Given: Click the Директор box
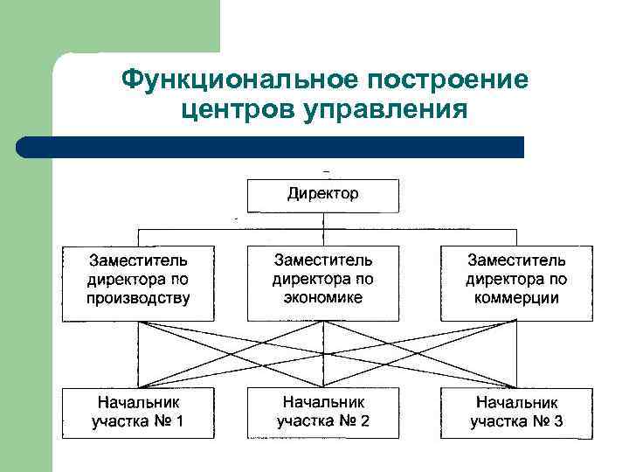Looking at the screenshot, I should pyautogui.click(x=323, y=195).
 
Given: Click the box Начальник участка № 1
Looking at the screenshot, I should pyautogui.click(x=138, y=412).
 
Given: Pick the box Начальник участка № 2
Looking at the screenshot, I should pyautogui.click(x=323, y=411).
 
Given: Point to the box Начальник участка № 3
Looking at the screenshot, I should pyautogui.click(x=516, y=412).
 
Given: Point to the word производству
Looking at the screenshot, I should pyautogui.click(x=138, y=298).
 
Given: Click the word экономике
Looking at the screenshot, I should pyautogui.click(x=323, y=297).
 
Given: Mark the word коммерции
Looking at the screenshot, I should pyautogui.click(x=516, y=298).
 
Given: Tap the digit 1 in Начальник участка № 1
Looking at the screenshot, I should pyautogui.click(x=180, y=421).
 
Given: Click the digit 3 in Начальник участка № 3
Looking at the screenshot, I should pyautogui.click(x=558, y=421).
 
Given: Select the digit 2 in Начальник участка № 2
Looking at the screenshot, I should pyautogui.click(x=364, y=420).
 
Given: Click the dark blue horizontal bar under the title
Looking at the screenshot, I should pyautogui.click(x=271, y=147).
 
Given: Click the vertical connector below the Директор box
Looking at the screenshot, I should pyautogui.click(x=323, y=220).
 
